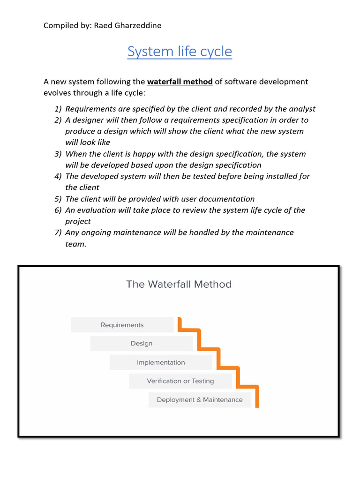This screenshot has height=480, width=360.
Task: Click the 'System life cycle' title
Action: (x=180, y=52)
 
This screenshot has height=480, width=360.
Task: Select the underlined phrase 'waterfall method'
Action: (x=180, y=82)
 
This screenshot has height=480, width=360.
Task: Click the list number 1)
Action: (x=58, y=109)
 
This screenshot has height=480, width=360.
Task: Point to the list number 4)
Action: (x=58, y=176)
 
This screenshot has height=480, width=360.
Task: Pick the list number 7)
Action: (x=58, y=232)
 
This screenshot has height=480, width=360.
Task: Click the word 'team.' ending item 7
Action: (x=76, y=244)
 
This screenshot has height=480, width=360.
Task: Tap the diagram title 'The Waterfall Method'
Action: (x=179, y=284)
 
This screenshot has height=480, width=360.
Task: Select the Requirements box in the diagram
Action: (x=122, y=325)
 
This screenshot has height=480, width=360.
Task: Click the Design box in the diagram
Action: (x=142, y=344)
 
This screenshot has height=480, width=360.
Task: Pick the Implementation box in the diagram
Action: (x=161, y=362)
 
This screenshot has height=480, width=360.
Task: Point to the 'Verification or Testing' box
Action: (x=180, y=381)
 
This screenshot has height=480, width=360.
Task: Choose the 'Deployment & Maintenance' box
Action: (x=200, y=400)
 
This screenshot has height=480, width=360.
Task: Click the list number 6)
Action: (x=58, y=210)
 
